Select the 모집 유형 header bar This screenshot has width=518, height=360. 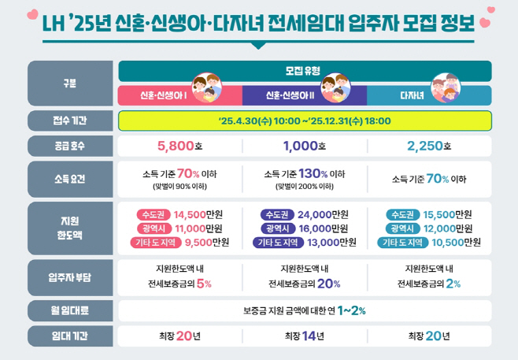pos(305,69)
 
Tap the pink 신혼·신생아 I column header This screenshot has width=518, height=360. pos(169,95)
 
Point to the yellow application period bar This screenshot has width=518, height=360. pos(305,121)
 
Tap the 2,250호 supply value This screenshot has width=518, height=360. pos(429,147)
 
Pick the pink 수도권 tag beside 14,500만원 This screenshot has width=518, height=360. pos(153,214)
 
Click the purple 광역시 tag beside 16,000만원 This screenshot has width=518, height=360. pos(278,228)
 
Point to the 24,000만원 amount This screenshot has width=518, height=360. pos(323,214)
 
